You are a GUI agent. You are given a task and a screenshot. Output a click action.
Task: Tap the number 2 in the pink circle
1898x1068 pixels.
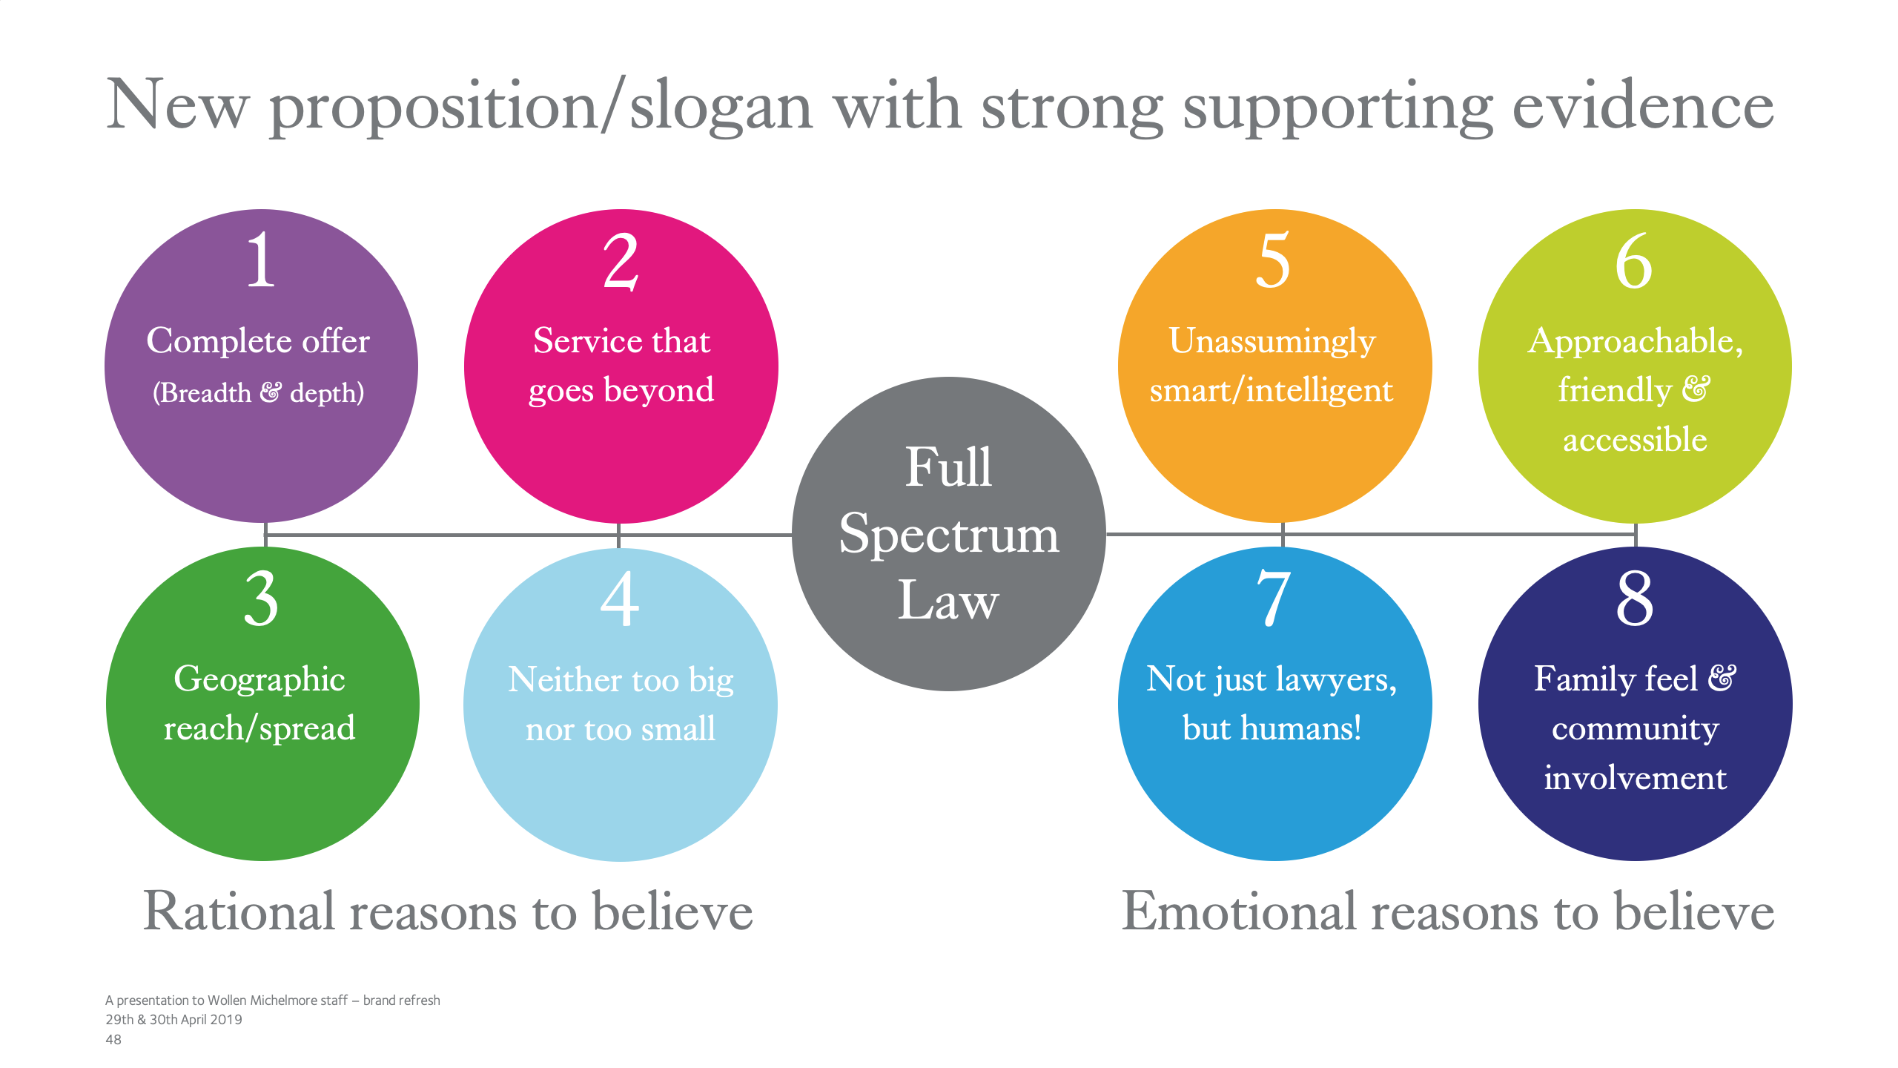point(621,261)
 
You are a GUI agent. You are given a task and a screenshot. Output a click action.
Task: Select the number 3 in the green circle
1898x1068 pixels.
point(262,599)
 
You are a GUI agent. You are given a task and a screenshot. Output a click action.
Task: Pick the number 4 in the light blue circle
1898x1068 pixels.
point(620,599)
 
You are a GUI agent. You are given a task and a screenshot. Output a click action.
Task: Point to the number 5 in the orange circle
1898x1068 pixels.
point(1273,260)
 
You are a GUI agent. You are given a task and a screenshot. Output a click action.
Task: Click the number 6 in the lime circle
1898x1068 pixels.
point(1634,261)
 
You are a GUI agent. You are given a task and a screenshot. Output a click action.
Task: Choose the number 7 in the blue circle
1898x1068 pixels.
point(1274,599)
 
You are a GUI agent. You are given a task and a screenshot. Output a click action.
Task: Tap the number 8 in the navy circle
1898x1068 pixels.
point(1635,599)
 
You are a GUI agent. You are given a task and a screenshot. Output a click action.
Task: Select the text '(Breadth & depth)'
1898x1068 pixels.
point(259,392)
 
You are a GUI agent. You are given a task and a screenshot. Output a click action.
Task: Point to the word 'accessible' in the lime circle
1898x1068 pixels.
point(1635,440)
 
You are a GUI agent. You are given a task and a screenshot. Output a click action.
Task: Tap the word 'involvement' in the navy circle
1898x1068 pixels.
point(1635,778)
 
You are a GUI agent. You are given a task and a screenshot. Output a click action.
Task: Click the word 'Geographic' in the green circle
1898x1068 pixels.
point(259,679)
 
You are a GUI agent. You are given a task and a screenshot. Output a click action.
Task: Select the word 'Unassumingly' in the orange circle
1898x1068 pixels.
point(1272,342)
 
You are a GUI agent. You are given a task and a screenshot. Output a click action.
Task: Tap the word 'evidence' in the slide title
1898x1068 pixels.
point(1642,106)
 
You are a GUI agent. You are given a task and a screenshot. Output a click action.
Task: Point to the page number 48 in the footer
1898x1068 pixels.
point(113,1040)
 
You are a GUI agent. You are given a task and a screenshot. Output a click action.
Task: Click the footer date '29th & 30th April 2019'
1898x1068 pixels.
point(173,1020)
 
